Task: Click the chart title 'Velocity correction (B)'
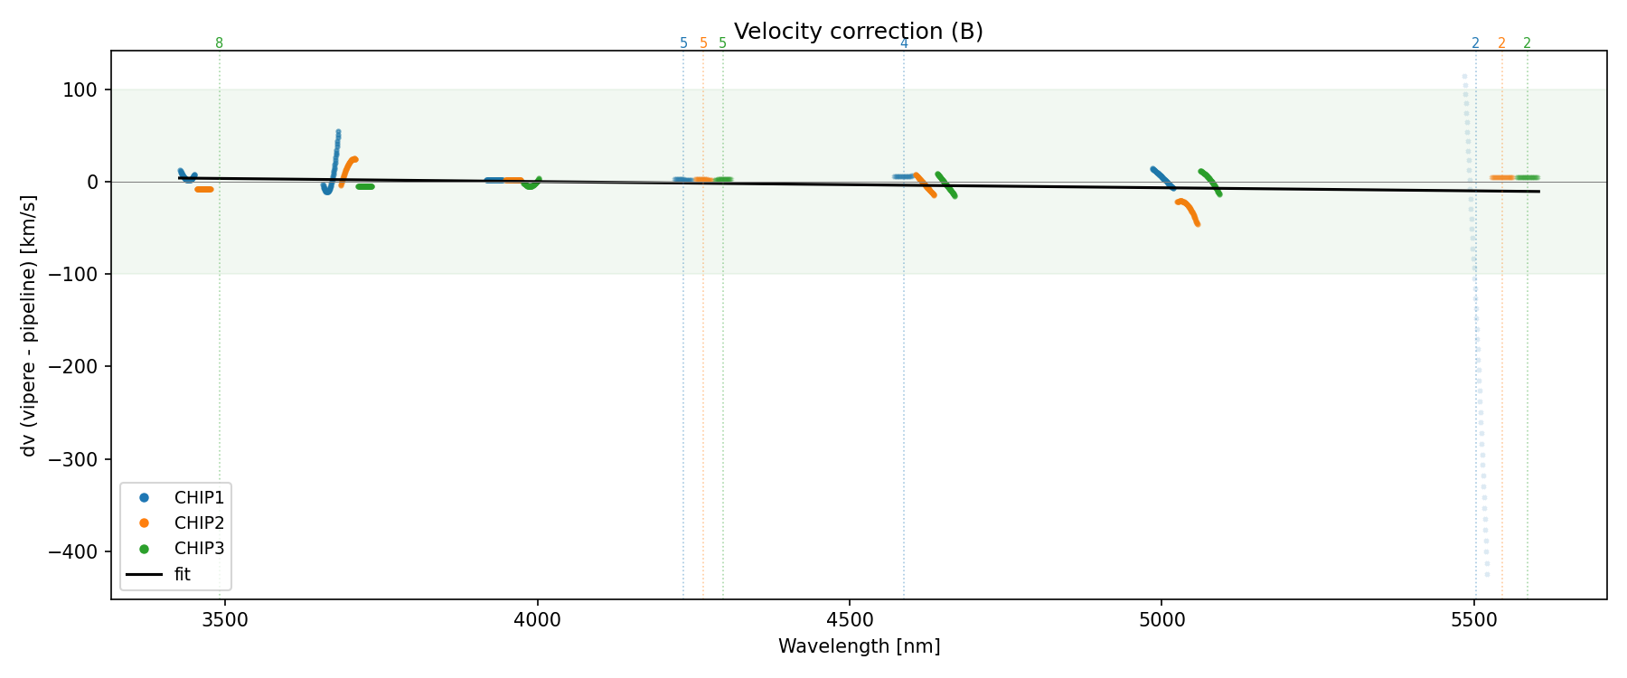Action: click(x=858, y=32)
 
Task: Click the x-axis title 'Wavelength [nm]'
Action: click(x=859, y=646)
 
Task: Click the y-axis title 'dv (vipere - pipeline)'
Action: click(x=29, y=325)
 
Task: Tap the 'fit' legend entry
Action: click(x=182, y=574)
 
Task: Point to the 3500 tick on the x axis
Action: click(x=225, y=620)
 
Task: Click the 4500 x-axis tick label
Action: click(x=850, y=620)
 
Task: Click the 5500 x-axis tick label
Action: click(x=1474, y=620)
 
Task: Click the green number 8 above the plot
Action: click(x=219, y=43)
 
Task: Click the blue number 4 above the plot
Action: click(x=904, y=43)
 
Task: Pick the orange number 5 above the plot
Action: click(x=703, y=43)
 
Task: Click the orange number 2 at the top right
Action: click(x=1501, y=43)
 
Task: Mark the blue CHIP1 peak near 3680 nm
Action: click(x=338, y=133)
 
